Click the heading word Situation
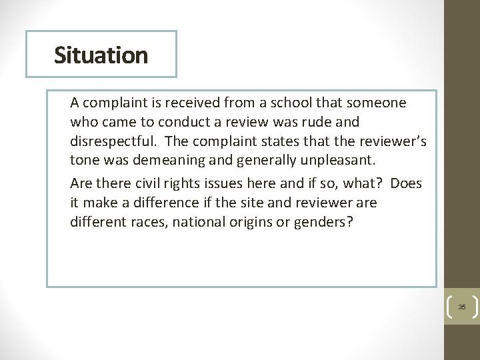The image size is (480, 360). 101,55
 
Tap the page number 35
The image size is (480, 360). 462,307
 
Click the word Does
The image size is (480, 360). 407,183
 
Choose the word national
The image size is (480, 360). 198,221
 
